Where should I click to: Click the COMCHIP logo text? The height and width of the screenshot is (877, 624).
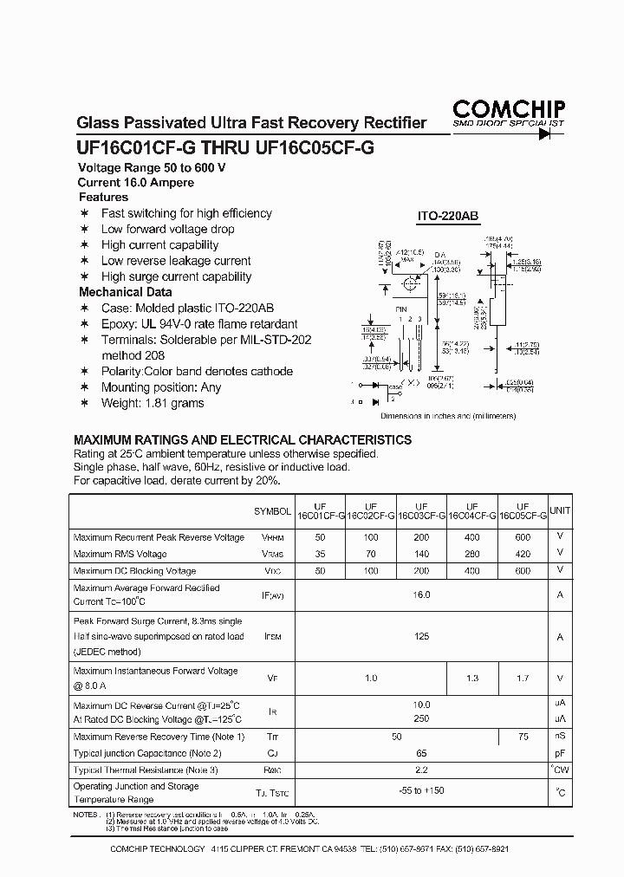tap(508, 108)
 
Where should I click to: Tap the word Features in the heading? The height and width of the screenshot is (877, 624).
tap(103, 197)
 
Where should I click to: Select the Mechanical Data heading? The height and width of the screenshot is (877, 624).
tap(125, 292)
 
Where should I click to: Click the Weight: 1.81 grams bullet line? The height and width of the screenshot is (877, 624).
tap(153, 403)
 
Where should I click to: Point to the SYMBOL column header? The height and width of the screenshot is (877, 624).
tap(272, 512)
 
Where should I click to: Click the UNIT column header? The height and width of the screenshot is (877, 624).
tap(560, 511)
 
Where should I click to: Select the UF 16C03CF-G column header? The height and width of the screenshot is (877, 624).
tap(421, 511)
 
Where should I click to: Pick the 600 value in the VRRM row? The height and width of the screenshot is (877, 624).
tap(522, 537)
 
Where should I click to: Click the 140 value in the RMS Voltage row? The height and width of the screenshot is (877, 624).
tap(421, 554)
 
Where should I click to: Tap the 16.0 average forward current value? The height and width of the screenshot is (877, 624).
tap(421, 595)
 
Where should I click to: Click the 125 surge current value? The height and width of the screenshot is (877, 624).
tap(421, 637)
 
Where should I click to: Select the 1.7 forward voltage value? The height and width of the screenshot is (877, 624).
tap(522, 679)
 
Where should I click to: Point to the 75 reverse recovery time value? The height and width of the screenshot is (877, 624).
tap(522, 737)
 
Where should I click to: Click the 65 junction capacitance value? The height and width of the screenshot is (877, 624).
tap(421, 753)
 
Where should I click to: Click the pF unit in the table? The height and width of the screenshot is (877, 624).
tap(560, 753)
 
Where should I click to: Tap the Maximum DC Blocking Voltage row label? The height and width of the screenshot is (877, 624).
tap(134, 571)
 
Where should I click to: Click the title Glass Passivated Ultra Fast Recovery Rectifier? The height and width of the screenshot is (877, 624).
tap(252, 123)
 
